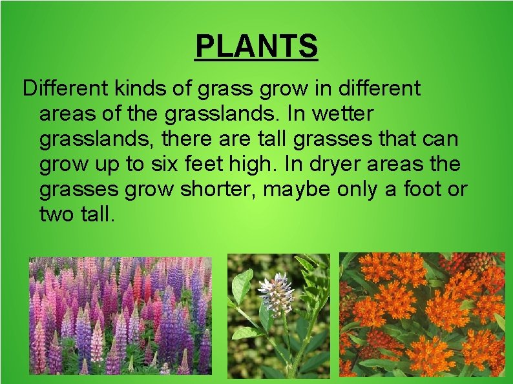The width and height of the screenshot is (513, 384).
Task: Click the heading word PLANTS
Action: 256,46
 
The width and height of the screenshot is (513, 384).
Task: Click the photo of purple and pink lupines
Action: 121,314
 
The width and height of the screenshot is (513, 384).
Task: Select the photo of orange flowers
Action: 422,314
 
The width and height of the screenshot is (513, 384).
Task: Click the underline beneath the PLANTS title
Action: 256,60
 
